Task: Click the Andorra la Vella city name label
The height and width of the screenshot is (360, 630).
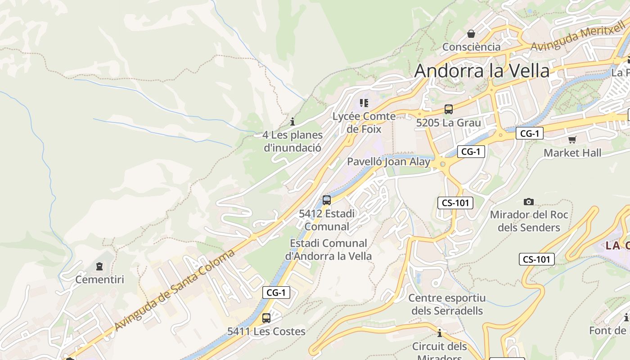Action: (482, 71)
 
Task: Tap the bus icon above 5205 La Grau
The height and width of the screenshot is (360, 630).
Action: (449, 109)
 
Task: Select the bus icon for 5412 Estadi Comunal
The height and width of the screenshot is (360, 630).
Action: (327, 200)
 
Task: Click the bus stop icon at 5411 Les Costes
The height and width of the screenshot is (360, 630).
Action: (266, 318)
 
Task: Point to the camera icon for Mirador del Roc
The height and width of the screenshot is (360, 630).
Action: (529, 202)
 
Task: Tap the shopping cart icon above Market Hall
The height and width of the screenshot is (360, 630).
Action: (572, 139)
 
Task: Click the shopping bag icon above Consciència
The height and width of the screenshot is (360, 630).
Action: (471, 34)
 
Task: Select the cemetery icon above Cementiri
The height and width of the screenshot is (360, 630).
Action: (99, 266)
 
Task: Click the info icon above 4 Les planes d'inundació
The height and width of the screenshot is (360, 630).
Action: (292, 121)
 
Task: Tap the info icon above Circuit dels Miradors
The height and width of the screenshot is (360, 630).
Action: (440, 333)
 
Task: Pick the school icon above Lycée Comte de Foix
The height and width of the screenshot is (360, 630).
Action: (364, 103)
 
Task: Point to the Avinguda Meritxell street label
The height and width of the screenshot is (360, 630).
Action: (578, 39)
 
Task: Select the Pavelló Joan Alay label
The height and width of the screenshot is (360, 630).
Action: (388, 162)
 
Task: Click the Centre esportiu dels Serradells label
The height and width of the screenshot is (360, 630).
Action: (447, 304)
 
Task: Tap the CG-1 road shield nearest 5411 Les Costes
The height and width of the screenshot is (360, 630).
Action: (276, 292)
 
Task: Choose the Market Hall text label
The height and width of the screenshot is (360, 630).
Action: (572, 153)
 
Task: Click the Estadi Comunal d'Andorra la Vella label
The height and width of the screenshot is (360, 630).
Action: (328, 250)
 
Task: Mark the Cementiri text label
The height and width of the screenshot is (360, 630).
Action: (99, 279)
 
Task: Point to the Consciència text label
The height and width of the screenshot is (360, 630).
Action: (471, 47)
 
